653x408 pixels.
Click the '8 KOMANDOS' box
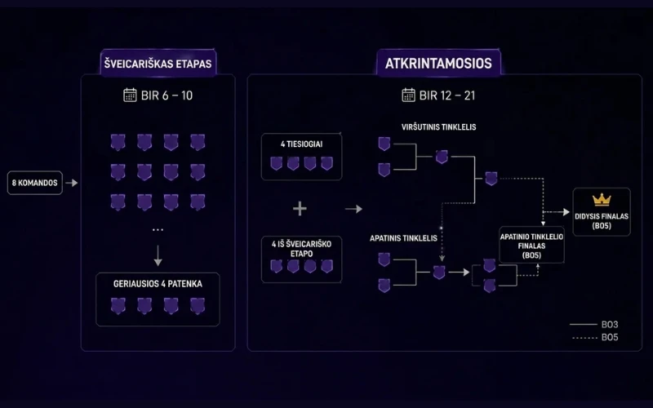coord(35,183)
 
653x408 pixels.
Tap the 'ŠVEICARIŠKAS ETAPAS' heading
coord(158,64)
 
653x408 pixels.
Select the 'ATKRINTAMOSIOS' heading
coord(438,64)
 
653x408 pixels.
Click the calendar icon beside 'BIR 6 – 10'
coord(130,95)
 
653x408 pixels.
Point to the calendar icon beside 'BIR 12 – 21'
coord(408,95)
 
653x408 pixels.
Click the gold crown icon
coord(602,200)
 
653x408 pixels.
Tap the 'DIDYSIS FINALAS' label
coord(602,216)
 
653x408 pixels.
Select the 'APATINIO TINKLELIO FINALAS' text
coord(531,242)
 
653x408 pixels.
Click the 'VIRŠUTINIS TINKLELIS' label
coord(438,127)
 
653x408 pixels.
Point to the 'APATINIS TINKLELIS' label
coord(403,238)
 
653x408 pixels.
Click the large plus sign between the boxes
coord(300,209)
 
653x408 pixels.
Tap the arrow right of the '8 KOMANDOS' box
coord(72,183)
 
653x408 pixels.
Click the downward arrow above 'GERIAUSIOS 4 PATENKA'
coord(158,255)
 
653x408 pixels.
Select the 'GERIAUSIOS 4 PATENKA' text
coord(158,284)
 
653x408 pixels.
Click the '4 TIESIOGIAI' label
coord(301,144)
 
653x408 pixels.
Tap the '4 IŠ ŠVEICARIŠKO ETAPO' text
coord(301,249)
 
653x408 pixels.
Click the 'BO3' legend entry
coord(594,324)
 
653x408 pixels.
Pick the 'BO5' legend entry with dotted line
coord(595,338)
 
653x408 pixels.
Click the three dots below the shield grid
coord(158,230)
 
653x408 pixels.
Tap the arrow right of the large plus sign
coord(353,209)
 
